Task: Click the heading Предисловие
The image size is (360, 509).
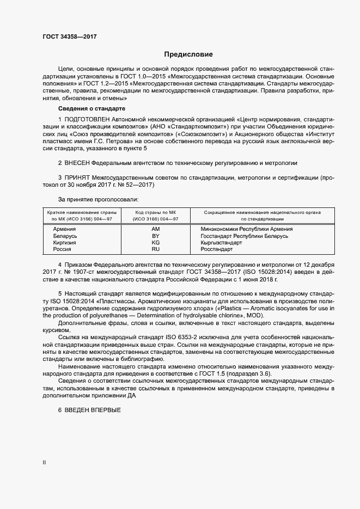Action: pyautogui.click(x=189, y=54)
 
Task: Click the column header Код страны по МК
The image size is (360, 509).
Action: pyautogui.click(x=155, y=212)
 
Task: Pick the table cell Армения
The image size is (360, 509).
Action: pyautogui.click(x=64, y=229)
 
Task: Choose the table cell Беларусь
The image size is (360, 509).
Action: pyautogui.click(x=65, y=236)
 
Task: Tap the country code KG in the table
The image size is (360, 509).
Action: pyautogui.click(x=155, y=242)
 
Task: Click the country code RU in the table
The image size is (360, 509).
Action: pyautogui.click(x=155, y=249)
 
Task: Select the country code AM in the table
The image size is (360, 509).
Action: pyautogui.click(x=155, y=229)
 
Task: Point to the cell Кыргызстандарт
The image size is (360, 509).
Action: pyautogui.click(x=221, y=242)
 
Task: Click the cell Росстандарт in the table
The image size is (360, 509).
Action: pyautogui.click(x=217, y=249)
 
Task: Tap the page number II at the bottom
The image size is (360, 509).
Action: pyautogui.click(x=44, y=462)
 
